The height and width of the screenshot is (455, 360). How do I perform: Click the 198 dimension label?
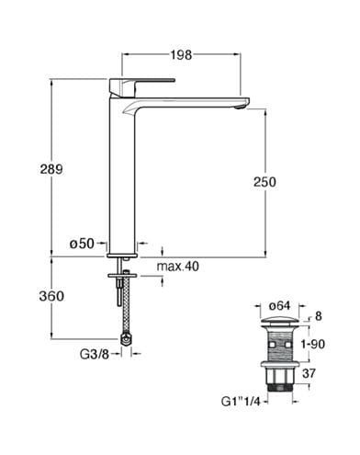(181, 55)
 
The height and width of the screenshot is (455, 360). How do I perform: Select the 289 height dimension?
(51, 169)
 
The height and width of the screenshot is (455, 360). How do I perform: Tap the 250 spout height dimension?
(264, 182)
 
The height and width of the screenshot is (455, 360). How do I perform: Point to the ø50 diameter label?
(82, 244)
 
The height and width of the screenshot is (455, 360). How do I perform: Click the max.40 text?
(178, 267)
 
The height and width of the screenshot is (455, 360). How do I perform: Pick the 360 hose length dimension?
(51, 296)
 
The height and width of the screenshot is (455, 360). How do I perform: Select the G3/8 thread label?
(95, 355)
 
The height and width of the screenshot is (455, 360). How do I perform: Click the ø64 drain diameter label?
(279, 306)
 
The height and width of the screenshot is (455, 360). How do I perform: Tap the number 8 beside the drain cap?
(319, 316)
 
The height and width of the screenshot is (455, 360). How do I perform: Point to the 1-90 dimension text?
(313, 345)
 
